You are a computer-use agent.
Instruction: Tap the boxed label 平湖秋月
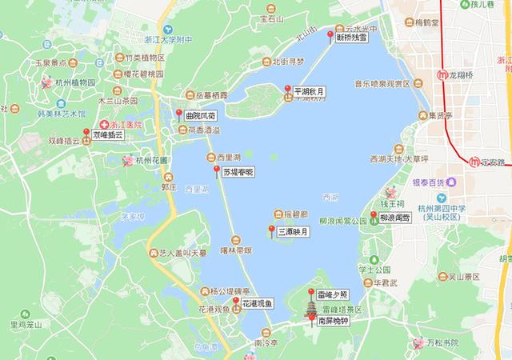coord(310,92)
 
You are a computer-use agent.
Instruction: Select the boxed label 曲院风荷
coord(201,116)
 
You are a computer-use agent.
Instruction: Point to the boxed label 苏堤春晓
coord(238,172)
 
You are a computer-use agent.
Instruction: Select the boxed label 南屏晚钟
coord(333,321)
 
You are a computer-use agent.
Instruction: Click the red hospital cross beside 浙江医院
coord(103,125)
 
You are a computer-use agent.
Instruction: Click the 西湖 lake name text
coord(330,196)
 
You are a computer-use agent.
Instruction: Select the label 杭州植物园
coord(75,82)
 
